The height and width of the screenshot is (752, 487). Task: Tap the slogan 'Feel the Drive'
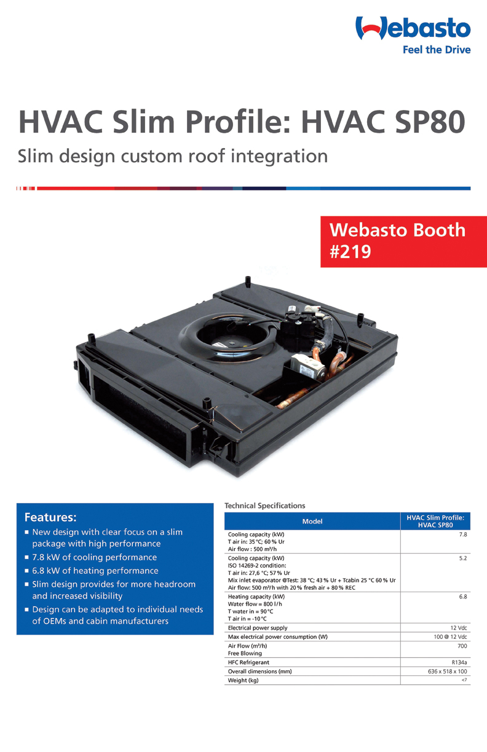point(436,50)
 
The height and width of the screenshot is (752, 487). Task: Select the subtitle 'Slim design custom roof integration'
point(173,155)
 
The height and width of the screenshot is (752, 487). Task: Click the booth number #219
point(351,252)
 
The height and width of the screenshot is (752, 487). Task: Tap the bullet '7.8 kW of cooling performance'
point(94,557)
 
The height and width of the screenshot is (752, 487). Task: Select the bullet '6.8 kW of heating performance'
point(95,571)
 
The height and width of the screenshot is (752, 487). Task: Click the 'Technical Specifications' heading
point(264,506)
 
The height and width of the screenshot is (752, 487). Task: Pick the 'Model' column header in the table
point(312,522)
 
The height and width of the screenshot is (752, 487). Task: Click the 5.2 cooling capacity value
point(463,558)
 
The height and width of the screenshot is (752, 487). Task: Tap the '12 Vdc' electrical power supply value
point(459,628)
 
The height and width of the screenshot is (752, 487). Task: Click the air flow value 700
point(462,646)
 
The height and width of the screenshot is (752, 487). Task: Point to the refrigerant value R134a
point(459,662)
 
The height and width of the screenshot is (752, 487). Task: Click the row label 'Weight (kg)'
point(243,680)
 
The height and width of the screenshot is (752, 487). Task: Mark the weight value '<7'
point(464,680)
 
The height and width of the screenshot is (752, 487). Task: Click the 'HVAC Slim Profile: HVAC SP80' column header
point(435,522)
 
